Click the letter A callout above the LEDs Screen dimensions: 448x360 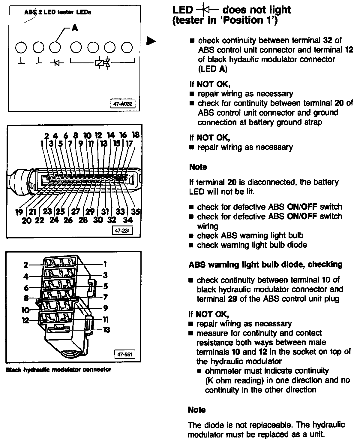tap(75, 28)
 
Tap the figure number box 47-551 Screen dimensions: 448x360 tap(124, 354)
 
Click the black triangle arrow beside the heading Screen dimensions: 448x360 tap(151, 41)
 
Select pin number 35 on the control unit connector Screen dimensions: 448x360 tap(136, 211)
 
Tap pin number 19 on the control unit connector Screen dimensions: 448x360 tap(19, 212)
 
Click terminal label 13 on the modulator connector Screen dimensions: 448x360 tap(106, 330)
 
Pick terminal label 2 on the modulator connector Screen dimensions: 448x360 tap(26, 265)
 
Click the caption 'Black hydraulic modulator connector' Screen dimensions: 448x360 tap(58, 370)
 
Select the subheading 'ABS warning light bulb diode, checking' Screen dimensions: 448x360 tap(265, 265)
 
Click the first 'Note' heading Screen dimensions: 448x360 tap(198, 167)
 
